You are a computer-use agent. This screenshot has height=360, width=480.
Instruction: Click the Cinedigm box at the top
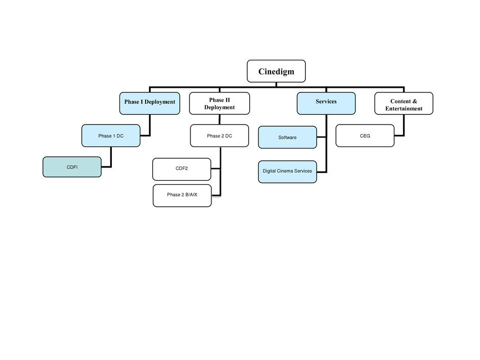276,71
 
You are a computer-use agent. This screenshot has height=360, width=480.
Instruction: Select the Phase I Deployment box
150,104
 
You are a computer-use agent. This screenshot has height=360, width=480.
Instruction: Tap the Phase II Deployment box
220,104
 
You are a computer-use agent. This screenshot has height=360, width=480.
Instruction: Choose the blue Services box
326,104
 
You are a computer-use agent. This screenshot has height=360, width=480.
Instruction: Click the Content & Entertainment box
404,104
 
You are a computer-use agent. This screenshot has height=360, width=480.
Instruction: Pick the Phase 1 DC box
111,136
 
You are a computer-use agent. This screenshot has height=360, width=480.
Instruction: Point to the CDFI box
72,167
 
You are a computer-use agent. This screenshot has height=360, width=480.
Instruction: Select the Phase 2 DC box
220,136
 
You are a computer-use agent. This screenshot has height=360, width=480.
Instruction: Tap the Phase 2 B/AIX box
182,196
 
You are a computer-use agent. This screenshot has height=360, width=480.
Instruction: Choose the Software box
287,137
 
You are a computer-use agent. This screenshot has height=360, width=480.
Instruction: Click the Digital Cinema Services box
287,172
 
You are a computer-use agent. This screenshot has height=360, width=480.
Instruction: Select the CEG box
365,136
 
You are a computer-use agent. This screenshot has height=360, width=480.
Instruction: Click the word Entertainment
404,108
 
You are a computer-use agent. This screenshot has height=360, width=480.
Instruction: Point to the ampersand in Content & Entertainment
415,101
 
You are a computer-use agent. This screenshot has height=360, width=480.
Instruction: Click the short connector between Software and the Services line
321,137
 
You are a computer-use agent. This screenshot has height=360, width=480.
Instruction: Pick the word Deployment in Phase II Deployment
220,107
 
